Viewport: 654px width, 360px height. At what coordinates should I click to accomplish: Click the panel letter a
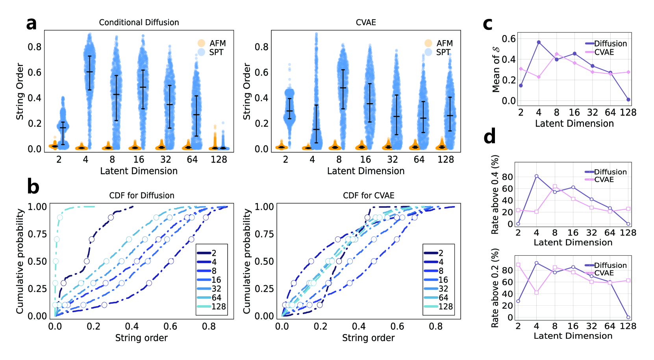coord(31,24)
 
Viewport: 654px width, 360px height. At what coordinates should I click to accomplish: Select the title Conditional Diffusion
coord(139,22)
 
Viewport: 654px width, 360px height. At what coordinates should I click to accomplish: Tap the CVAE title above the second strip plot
coord(366,22)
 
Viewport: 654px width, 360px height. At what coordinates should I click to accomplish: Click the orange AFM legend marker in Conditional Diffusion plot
coord(201,43)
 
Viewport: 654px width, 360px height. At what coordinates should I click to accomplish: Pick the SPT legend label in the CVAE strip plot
coord(443,52)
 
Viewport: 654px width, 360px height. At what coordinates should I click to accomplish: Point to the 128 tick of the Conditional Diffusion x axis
coord(219,159)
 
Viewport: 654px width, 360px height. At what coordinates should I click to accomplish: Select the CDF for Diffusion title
coord(142,196)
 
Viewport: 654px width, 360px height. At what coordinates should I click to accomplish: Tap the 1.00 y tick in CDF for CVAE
coord(264,207)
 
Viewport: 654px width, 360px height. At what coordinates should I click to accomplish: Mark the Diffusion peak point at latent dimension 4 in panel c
coord(539,42)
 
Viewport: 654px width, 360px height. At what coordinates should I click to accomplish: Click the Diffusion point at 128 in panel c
coord(628,100)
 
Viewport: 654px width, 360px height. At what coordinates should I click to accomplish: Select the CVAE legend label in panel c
coord(604,52)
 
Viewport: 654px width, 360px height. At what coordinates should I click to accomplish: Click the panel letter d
coord(489,137)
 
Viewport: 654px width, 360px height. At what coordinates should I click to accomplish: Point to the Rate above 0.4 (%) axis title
coord(495,194)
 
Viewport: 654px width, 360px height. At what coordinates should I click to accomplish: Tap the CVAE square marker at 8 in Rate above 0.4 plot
coord(555,186)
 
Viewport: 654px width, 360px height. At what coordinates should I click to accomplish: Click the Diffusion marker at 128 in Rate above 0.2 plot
coord(628,317)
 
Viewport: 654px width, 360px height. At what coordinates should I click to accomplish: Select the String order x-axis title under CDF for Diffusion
coord(141,338)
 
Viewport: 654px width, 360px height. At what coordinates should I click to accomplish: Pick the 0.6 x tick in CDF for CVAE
coord(397,327)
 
